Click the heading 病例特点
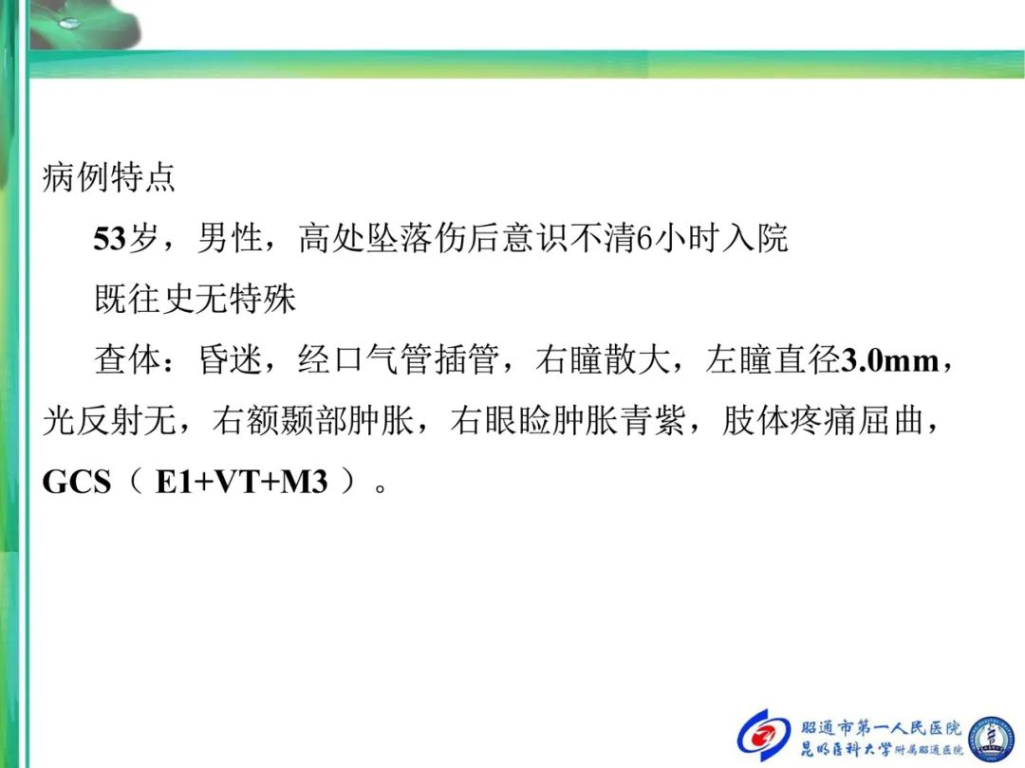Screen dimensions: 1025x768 click(x=108, y=177)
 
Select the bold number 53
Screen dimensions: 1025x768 click(x=110, y=238)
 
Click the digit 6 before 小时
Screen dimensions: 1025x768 click(x=644, y=238)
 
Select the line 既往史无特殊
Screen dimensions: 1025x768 click(x=196, y=299)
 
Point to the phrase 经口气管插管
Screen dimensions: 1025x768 click(x=400, y=360)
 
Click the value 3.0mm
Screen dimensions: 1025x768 click(x=889, y=360)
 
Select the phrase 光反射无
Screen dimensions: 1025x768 click(x=109, y=421)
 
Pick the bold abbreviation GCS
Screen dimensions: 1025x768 click(x=77, y=483)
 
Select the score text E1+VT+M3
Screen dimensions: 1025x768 click(x=241, y=483)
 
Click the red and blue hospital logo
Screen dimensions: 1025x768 click(x=764, y=736)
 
